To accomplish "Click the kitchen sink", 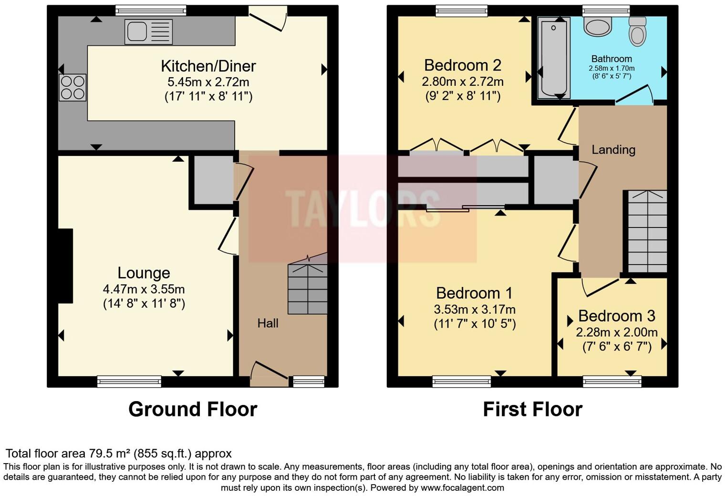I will pyautogui.click(x=148, y=32).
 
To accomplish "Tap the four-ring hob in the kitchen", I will pyautogui.click(x=72, y=88).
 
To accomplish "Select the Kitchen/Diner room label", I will pyautogui.click(x=208, y=66).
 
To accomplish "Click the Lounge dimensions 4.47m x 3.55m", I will pyautogui.click(x=144, y=289).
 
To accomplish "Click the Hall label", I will pyautogui.click(x=268, y=323).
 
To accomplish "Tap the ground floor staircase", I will pyautogui.click(x=308, y=288).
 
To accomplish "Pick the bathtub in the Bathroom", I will pyautogui.click(x=554, y=58).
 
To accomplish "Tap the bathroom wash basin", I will pyautogui.click(x=598, y=27).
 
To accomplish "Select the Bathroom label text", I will pyautogui.click(x=611, y=59).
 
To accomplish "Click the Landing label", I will pyautogui.click(x=613, y=150).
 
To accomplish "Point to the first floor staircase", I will pyautogui.click(x=647, y=231).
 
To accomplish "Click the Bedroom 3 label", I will pyautogui.click(x=617, y=316).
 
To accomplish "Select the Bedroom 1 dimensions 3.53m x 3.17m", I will pyautogui.click(x=475, y=309).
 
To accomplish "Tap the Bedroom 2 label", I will pyautogui.click(x=463, y=65).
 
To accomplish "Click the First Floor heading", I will pyautogui.click(x=532, y=409).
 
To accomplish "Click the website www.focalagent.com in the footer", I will pyautogui.click(x=462, y=487).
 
